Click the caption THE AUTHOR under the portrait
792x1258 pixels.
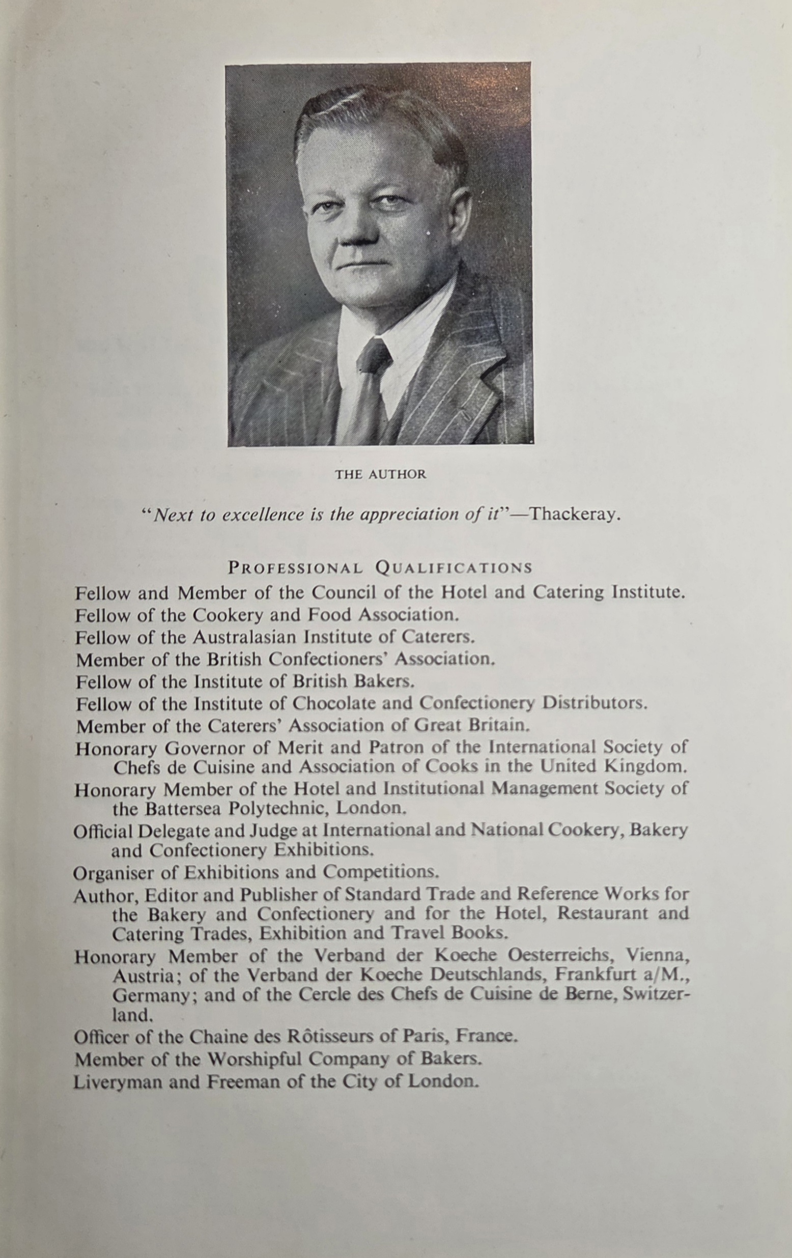(380, 474)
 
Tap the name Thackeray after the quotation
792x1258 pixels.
(575, 514)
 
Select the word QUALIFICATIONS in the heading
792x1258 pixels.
(454, 568)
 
